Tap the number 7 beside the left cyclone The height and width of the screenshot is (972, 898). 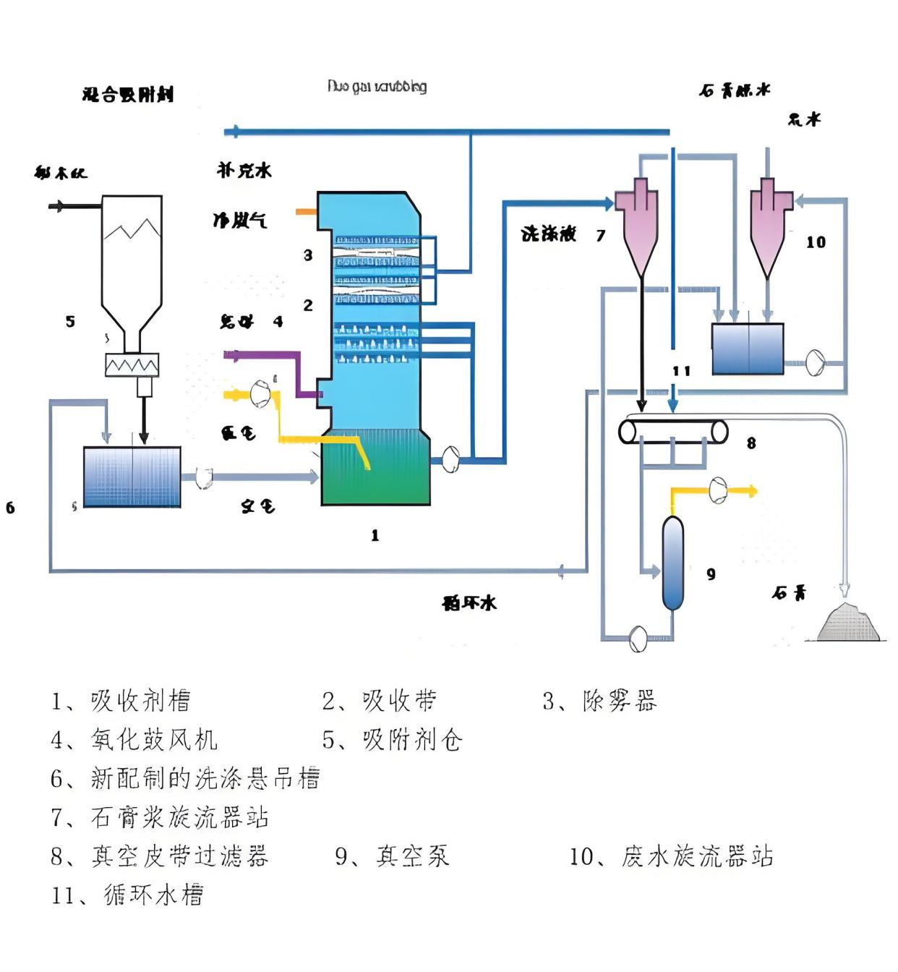pos(601,235)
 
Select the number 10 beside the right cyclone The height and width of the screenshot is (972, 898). pos(816,242)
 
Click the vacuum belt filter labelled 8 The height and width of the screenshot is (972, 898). pos(673,432)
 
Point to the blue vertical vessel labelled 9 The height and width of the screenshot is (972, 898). pos(673,563)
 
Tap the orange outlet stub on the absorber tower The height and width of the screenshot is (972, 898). pos(306,211)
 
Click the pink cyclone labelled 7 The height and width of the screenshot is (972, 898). pos(636,224)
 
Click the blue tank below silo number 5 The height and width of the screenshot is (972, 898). pos(132,477)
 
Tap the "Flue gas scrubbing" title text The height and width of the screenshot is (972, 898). pos(377,87)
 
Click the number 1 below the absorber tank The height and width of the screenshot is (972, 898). pos(375,535)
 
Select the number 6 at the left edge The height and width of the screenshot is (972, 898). pos(10,508)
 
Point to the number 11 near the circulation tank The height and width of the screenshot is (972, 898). pos(681,371)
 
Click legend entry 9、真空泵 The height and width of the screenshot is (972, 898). pos(392,856)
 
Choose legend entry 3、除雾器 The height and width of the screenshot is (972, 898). pos(599,701)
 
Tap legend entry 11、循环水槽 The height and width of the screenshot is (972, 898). pos(127,895)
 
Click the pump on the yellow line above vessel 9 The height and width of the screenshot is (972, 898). pos(718,490)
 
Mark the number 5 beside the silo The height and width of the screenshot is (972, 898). pos(70,321)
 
